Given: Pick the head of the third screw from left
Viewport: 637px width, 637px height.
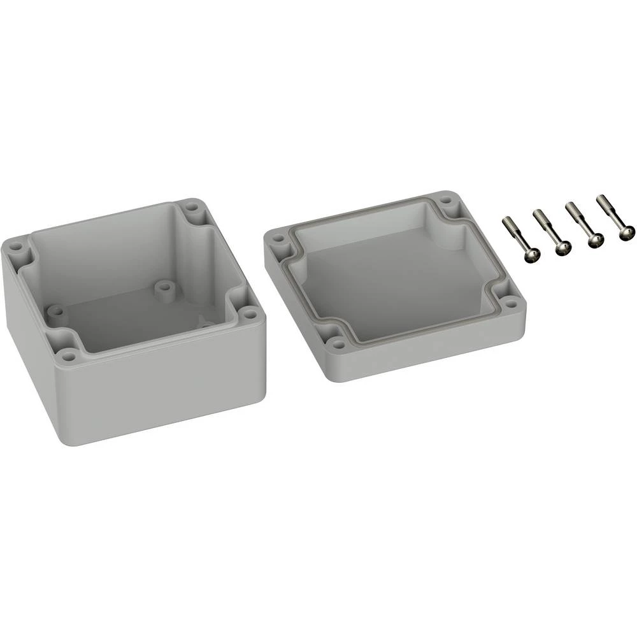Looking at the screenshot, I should tap(596, 241).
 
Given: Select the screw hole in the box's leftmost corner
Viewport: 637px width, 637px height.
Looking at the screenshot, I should tap(17, 243).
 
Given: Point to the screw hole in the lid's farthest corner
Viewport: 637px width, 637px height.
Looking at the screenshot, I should tap(447, 202).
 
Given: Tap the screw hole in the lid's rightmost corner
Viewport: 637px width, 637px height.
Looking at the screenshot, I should tap(511, 304).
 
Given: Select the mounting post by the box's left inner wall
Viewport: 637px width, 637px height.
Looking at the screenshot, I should tap(56, 312).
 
